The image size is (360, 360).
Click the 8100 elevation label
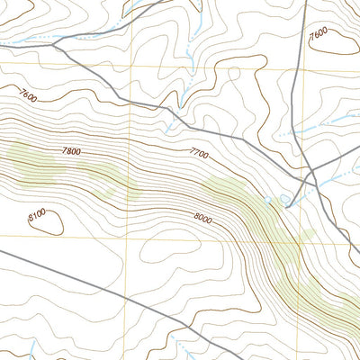coord(37,216)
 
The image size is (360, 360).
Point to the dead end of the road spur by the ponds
coord(287,206)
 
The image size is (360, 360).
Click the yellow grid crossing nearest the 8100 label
coord(127,237)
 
